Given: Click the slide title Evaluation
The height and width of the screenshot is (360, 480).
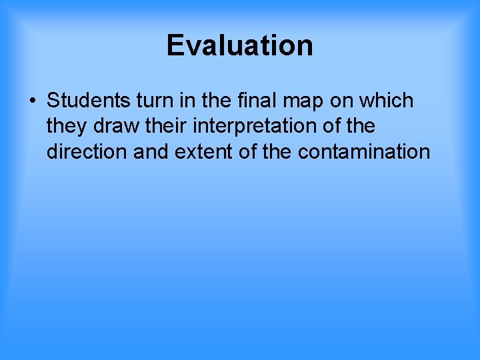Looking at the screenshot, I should (x=240, y=45).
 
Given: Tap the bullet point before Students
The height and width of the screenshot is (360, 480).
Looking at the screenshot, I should (x=32, y=101).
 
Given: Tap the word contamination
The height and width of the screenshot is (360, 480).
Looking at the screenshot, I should (x=364, y=151).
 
